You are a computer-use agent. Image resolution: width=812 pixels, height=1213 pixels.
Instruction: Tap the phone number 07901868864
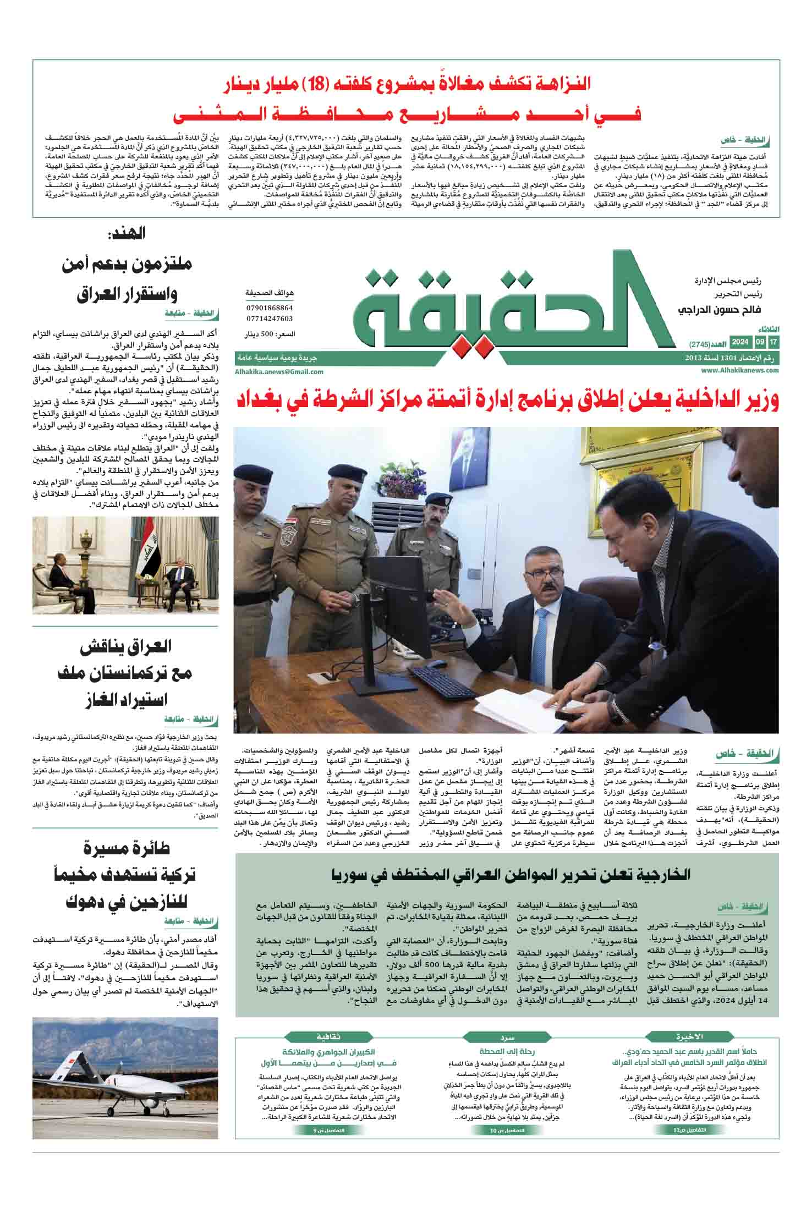click(270, 308)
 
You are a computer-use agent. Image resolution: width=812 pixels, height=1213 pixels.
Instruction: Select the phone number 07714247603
click(270, 319)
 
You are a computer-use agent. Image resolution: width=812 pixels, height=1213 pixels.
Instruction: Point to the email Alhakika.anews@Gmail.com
click(279, 371)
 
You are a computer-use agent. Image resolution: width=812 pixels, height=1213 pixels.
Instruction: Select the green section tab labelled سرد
click(507, 1036)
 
